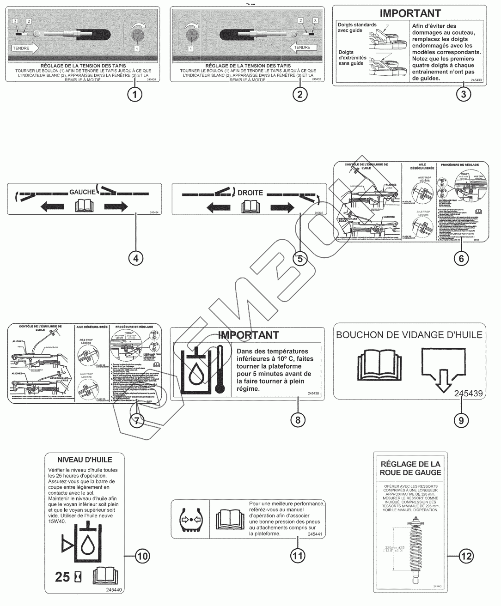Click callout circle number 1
pyautogui.click(x=134, y=95)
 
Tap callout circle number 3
pyautogui.click(x=464, y=94)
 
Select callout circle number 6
pyautogui.click(x=461, y=258)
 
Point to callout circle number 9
pyautogui.click(x=461, y=420)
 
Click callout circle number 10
pyautogui.click(x=143, y=556)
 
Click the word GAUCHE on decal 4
pyautogui.click(x=83, y=192)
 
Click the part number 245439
pyautogui.click(x=468, y=394)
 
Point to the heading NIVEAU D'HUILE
pyautogui.click(x=85, y=460)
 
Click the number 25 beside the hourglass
pyautogui.click(x=62, y=577)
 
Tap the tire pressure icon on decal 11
pyautogui.click(x=190, y=519)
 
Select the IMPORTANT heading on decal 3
pyautogui.click(x=410, y=13)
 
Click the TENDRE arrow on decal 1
pyautogui.click(x=26, y=48)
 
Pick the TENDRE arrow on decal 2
pyautogui.click(x=303, y=48)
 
